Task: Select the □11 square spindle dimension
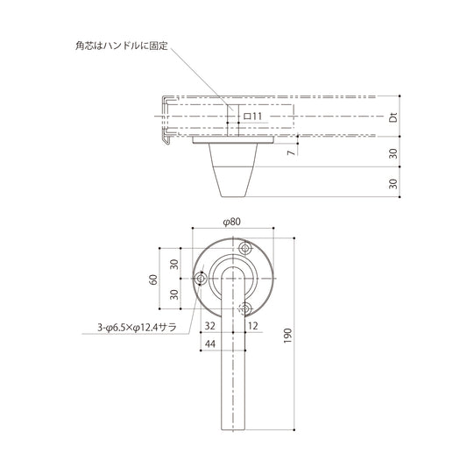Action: (x=253, y=116)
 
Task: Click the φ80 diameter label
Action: (x=232, y=222)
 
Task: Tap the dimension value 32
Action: (x=209, y=325)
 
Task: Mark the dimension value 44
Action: (x=210, y=344)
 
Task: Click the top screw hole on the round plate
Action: (x=246, y=248)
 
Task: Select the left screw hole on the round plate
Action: (x=202, y=279)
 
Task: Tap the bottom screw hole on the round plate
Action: (x=246, y=308)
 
